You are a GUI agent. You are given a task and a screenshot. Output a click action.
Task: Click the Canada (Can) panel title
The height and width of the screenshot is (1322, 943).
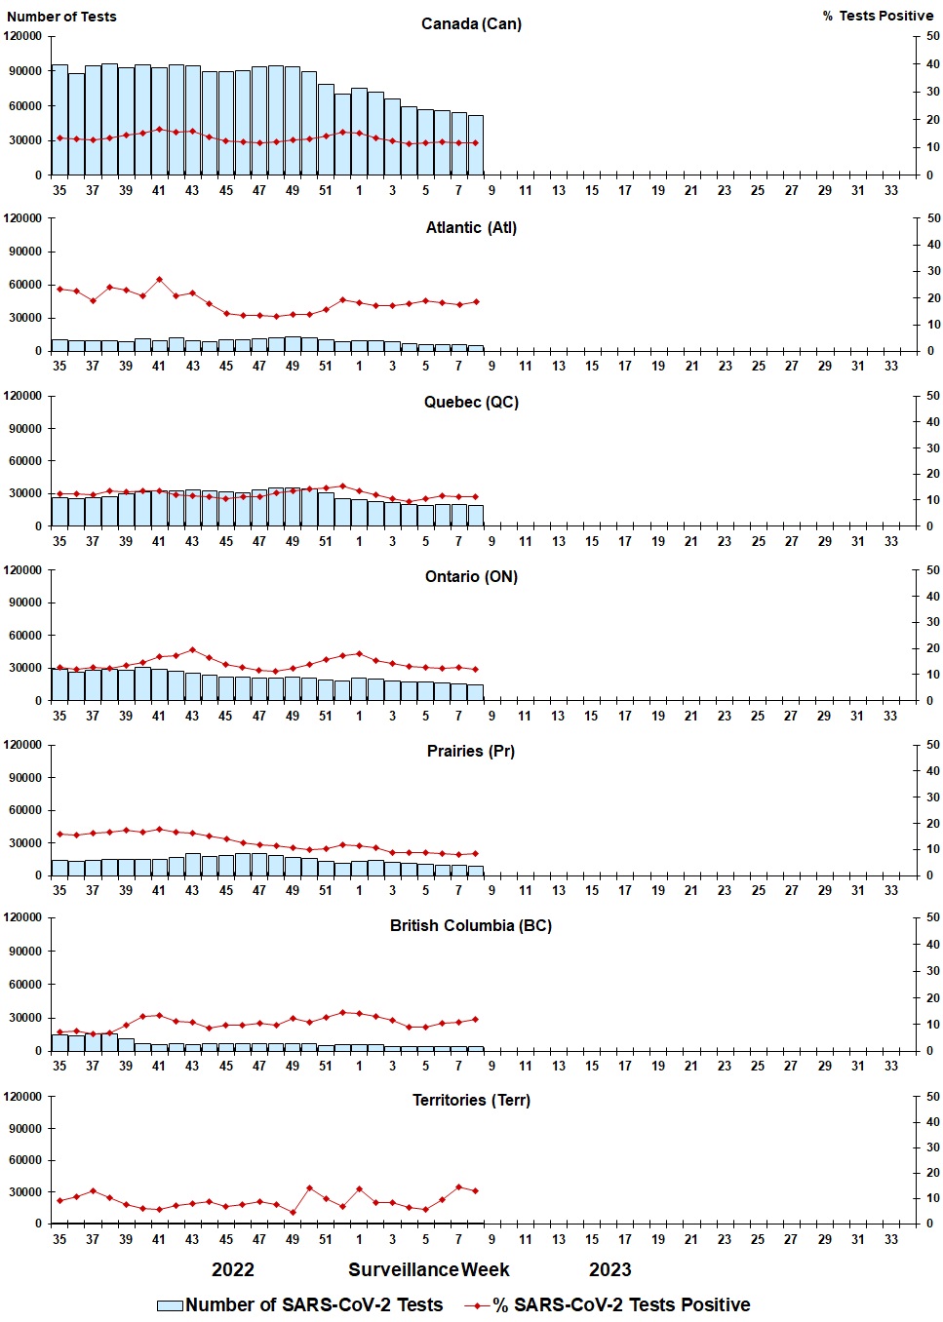click(471, 23)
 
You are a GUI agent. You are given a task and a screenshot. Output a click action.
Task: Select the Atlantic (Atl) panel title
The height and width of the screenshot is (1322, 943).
click(471, 227)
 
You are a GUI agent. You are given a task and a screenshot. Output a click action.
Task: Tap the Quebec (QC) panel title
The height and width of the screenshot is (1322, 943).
click(471, 402)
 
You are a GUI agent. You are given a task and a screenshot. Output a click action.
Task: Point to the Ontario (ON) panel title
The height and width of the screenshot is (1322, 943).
click(471, 576)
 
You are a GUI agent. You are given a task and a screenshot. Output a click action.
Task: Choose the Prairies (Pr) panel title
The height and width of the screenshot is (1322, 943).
click(471, 751)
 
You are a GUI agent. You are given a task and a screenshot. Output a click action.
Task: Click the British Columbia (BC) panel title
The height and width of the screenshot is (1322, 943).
click(471, 925)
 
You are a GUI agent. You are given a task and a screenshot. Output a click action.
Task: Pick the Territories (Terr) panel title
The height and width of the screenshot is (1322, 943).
click(471, 1100)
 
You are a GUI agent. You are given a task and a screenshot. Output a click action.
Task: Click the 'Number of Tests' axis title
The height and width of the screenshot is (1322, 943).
click(61, 17)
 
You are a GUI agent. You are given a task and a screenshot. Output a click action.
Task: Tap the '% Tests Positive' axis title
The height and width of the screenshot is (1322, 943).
click(878, 16)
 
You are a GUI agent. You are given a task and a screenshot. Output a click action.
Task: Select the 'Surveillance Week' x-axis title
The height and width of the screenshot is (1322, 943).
click(429, 1269)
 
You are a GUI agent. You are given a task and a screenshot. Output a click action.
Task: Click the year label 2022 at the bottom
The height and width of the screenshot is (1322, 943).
click(233, 1269)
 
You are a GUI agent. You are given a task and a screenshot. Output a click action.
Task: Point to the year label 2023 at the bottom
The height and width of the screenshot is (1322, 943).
click(610, 1269)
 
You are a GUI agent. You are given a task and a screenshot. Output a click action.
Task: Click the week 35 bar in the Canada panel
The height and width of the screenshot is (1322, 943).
click(59, 120)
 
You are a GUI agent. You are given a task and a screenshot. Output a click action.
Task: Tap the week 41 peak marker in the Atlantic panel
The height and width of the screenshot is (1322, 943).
click(159, 280)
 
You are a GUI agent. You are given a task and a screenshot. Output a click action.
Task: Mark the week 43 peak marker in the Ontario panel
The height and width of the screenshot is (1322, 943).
click(192, 649)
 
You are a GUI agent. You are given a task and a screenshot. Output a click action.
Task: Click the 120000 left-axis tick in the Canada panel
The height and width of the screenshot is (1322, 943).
click(23, 36)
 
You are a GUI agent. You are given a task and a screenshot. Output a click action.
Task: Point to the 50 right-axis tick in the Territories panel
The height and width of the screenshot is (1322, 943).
click(933, 1097)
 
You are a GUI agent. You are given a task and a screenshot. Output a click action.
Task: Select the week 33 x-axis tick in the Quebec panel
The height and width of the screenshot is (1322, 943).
click(891, 541)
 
